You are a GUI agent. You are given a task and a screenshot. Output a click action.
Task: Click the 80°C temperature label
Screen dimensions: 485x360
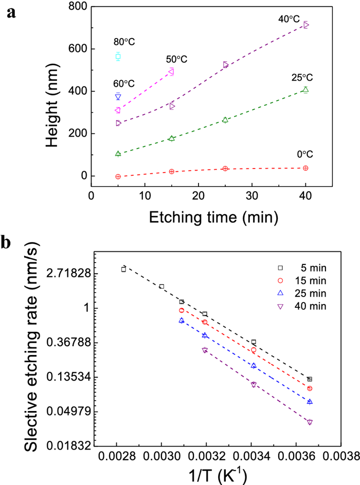[x=124, y=42]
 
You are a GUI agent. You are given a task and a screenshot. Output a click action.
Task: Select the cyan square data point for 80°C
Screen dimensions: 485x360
[x=118, y=57]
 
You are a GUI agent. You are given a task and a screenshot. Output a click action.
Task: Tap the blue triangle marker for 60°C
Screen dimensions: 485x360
[x=118, y=97]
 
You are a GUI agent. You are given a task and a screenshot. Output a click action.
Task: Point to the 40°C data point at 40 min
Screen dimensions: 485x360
[x=306, y=25]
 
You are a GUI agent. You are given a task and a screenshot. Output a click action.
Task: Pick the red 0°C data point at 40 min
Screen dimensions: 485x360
[x=306, y=168]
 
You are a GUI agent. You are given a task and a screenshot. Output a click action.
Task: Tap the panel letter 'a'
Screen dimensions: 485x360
[x=11, y=13]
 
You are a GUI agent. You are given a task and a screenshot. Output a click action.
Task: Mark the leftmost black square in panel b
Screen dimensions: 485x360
[x=123, y=269]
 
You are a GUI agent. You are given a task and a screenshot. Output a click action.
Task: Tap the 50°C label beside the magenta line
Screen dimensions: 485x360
[x=176, y=60]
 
